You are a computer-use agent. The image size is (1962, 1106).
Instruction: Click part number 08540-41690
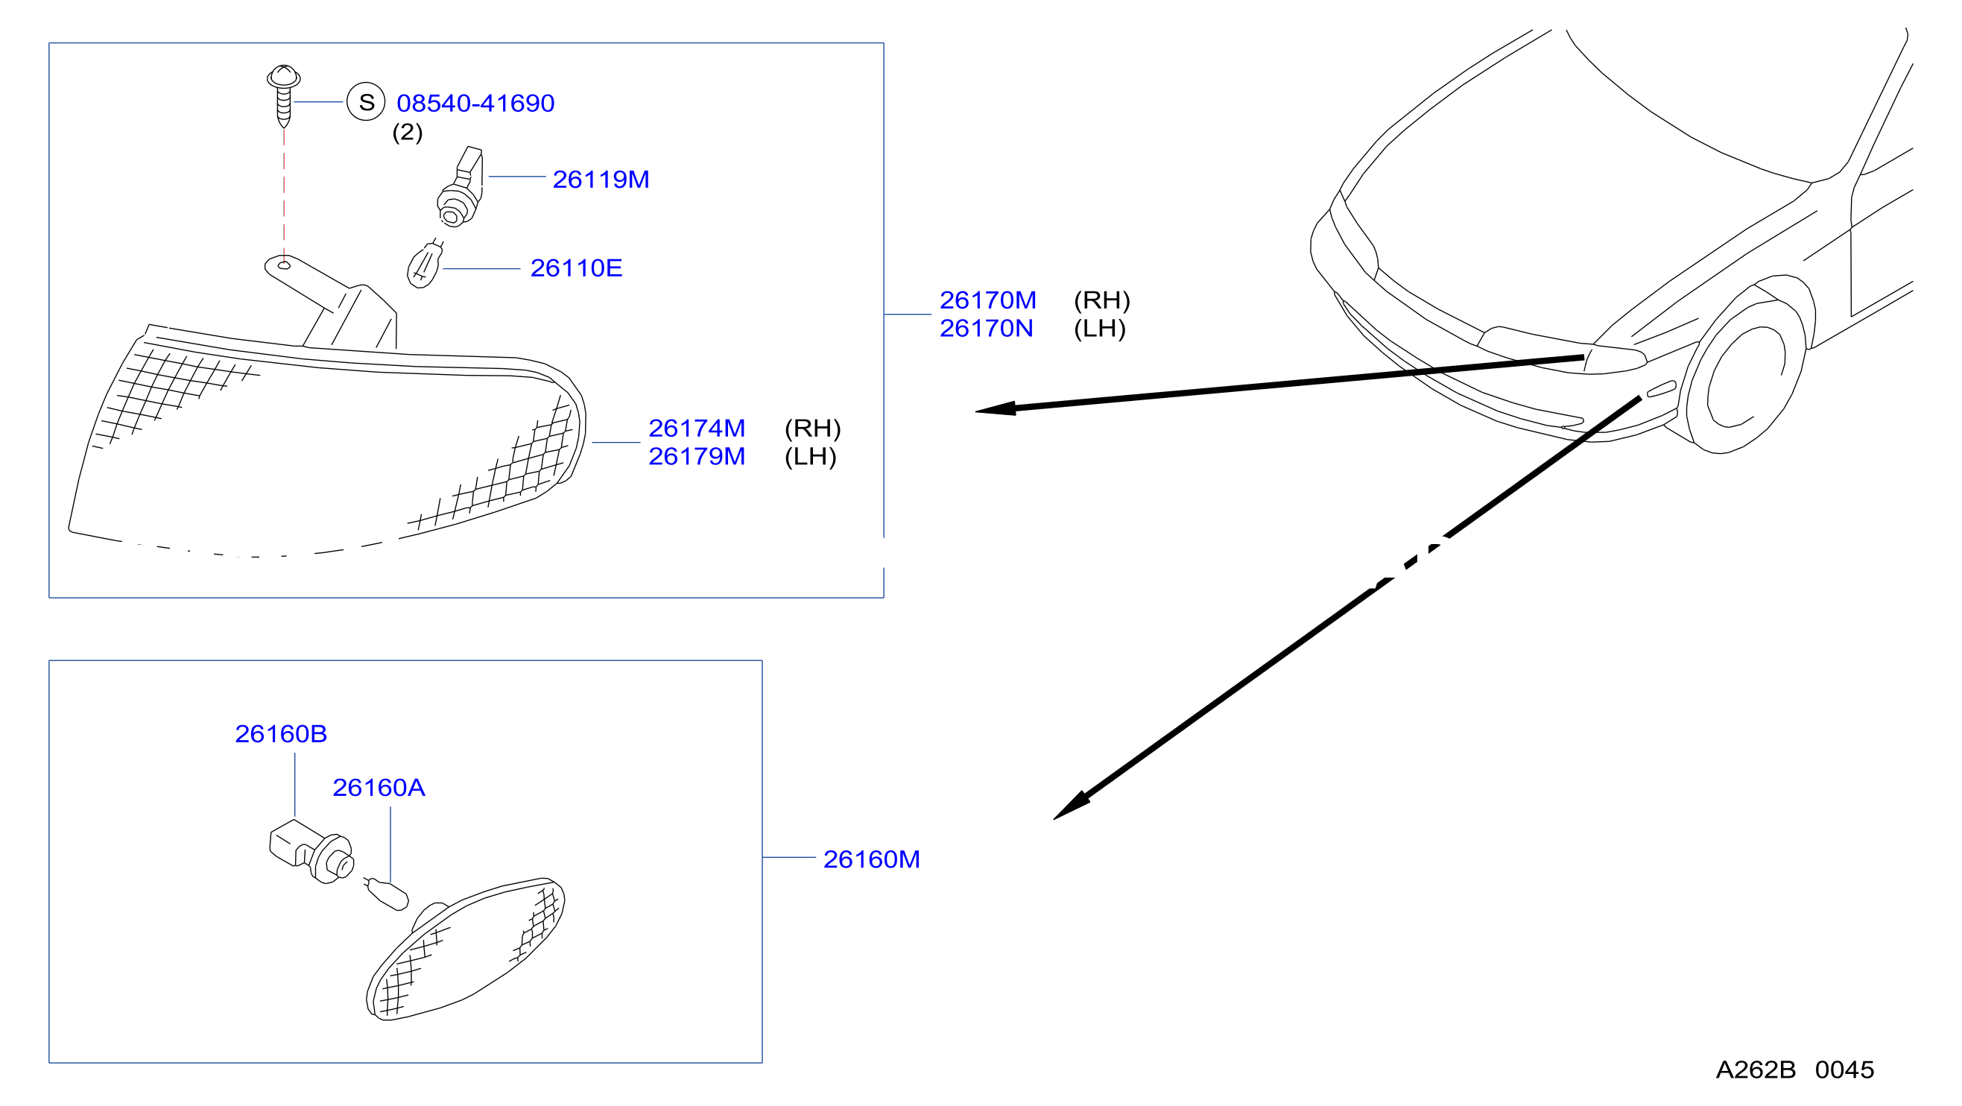pos(475,103)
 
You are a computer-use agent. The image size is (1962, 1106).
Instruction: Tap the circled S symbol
pos(367,102)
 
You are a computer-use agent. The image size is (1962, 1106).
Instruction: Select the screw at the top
pos(283,96)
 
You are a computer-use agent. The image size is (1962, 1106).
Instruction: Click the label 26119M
pos(601,179)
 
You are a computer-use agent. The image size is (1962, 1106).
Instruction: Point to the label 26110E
pos(577,268)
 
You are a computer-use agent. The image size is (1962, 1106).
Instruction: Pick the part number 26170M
pos(988,300)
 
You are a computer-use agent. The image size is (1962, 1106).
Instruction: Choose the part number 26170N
pos(987,328)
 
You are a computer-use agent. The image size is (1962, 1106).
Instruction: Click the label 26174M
pos(697,428)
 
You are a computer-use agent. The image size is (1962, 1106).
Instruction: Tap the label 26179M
pos(697,456)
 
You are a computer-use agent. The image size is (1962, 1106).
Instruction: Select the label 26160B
pos(281,733)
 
